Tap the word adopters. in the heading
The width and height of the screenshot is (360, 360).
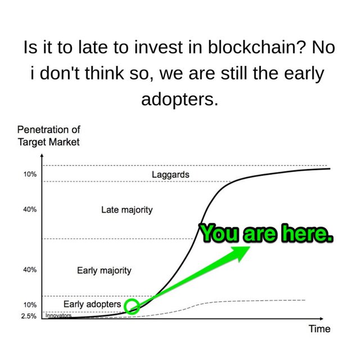179,100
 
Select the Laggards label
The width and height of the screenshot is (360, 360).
170,175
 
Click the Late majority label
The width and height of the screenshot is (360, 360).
127,210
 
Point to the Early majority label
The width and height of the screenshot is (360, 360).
104,271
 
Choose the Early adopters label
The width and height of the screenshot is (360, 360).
92,304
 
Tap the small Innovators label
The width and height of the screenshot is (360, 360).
58,316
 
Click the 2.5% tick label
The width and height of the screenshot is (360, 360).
29,316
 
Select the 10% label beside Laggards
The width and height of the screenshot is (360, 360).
30,174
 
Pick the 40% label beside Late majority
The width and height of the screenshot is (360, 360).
30,210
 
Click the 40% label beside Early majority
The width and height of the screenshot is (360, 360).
30,270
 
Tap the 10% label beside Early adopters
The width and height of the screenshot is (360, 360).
30,305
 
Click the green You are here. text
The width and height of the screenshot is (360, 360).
266,233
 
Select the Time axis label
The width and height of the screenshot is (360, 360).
319,328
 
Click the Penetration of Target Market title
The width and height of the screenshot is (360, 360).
49,136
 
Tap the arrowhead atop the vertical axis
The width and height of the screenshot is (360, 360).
42,155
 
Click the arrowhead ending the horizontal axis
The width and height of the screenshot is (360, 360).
321,319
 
